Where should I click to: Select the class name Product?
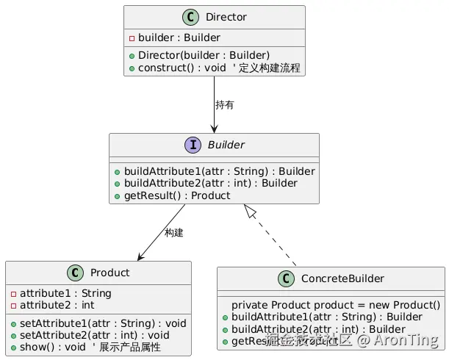(109, 273)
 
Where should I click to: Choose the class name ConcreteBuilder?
(342, 278)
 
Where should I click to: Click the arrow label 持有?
(225, 105)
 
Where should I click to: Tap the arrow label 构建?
(174, 233)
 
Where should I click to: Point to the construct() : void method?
(184, 68)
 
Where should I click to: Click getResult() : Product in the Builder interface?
(176, 195)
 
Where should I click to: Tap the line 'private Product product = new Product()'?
(335, 305)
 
